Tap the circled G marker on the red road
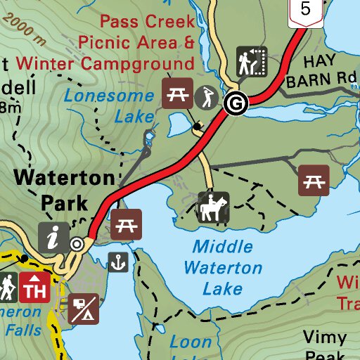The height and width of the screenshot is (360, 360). click(236, 104)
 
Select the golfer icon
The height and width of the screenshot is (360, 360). click(207, 95)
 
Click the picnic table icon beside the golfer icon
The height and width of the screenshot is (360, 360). click(177, 94)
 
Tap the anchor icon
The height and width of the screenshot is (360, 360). click(119, 263)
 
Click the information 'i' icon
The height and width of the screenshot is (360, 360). click(53, 238)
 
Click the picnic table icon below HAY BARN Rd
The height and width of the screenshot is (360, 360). click(314, 181)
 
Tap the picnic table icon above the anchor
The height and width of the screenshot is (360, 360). click(127, 224)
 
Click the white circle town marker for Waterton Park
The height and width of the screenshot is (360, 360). click(77, 244)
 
